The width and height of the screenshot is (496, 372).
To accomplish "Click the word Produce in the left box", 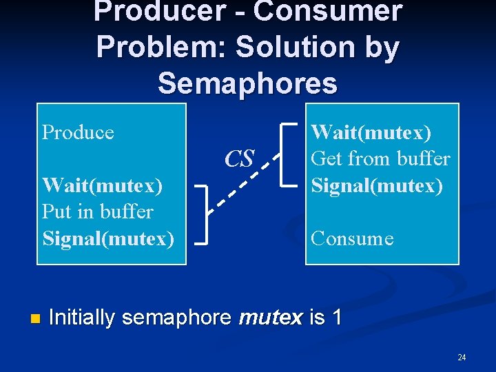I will [78, 132].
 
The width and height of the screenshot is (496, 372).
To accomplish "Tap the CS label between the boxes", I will [240, 158].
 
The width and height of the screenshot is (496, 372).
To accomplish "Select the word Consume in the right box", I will [352, 238].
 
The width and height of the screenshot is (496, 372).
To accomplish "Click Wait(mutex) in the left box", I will [102, 185].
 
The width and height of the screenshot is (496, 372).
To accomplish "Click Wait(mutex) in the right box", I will [371, 132].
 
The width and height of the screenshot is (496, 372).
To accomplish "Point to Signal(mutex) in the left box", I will [107, 238].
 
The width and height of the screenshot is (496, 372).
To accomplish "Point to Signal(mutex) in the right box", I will [377, 185].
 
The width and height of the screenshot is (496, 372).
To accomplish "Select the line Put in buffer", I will [97, 211].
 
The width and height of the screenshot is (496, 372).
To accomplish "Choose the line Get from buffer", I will [380, 158].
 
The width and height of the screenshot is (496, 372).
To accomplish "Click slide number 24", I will [462, 357].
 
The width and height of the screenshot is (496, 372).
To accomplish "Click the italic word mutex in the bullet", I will [270, 318].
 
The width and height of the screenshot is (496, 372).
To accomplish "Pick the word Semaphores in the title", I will [248, 83].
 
